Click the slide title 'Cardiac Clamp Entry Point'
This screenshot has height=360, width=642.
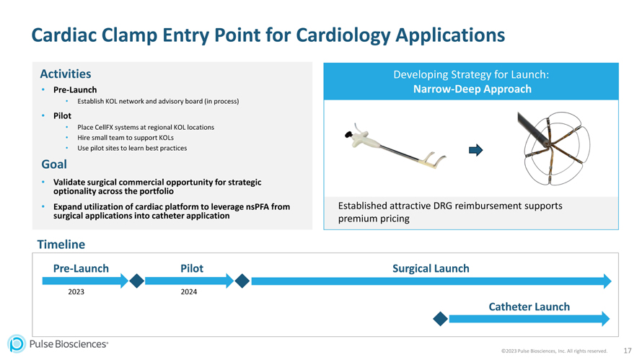coord(268,35)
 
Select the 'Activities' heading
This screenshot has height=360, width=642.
coord(65,74)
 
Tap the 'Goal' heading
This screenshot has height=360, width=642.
coord(54,164)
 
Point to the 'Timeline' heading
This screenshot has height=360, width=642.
coord(61,245)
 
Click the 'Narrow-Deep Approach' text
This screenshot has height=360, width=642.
coord(472,89)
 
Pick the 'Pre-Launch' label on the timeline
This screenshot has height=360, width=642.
coord(81,268)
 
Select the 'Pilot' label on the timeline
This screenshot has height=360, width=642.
coord(191,268)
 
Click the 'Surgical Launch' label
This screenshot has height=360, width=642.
coord(431,268)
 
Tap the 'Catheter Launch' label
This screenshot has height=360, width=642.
coord(529,307)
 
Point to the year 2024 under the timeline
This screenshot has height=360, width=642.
coord(189,291)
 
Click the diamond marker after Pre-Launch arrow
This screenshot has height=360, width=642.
coord(136,281)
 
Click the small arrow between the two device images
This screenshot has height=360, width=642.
coord(475,150)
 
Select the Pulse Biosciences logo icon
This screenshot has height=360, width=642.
coord(16,344)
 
